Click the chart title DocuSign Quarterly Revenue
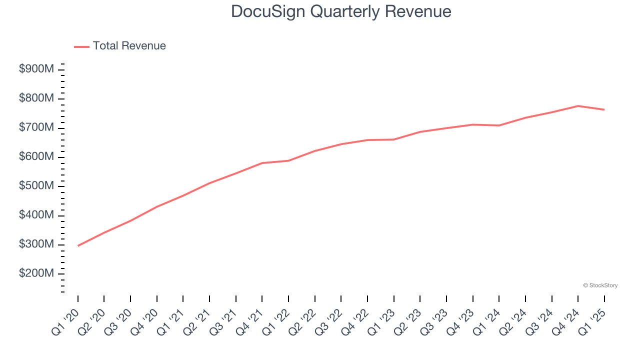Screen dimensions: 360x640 (341, 11)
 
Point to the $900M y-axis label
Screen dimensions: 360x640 (36, 69)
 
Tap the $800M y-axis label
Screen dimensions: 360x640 (36, 98)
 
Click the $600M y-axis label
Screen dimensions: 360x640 (36, 157)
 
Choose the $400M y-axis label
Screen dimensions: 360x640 (36, 215)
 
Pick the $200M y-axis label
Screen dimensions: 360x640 (36, 274)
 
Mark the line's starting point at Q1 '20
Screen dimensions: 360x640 (78, 245)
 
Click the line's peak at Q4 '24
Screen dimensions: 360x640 (578, 106)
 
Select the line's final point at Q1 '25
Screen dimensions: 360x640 (604, 109)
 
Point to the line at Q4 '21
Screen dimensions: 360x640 (262, 163)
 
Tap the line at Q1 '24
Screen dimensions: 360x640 (499, 125)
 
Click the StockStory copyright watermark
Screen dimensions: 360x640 (600, 285)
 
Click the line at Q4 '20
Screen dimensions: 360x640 (157, 206)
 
